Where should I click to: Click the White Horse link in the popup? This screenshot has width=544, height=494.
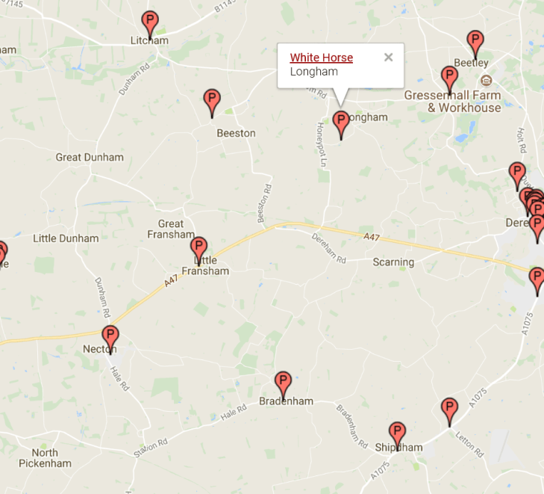point(321,58)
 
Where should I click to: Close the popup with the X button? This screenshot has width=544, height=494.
point(388,58)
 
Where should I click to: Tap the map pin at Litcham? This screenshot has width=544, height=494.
point(150,24)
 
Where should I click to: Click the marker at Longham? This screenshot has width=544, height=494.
point(341,124)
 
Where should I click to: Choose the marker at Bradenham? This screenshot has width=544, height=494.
point(282,384)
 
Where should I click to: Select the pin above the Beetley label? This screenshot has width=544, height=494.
point(475,43)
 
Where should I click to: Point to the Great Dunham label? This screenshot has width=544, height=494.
point(90,158)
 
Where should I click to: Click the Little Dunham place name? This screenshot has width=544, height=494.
point(66,238)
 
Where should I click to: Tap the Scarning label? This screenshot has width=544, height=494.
point(393,262)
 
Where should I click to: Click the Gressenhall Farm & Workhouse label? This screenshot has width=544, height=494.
point(453,102)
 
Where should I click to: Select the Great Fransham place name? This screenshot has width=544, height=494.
point(171,229)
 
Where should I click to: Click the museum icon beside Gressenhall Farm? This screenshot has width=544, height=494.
point(487,80)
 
